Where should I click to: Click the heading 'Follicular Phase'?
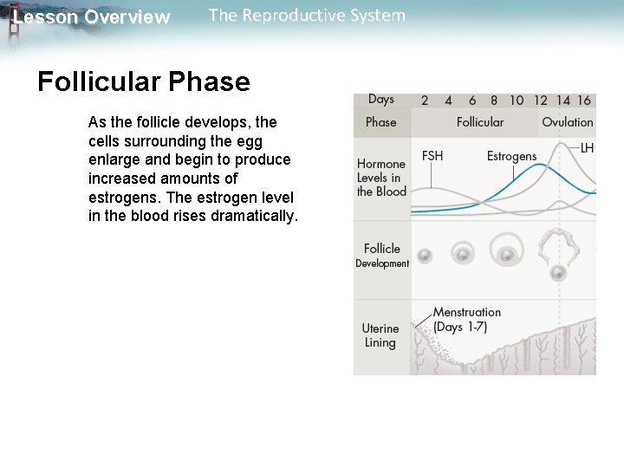(144, 82)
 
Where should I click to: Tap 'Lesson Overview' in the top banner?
(91, 17)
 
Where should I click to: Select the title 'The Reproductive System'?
(307, 16)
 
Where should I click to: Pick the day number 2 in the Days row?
(425, 101)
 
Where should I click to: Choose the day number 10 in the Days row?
(517, 101)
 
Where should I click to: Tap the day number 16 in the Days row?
(584, 101)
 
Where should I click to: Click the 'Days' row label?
(380, 100)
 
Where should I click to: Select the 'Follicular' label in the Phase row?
(479, 122)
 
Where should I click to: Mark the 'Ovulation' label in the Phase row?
(568, 122)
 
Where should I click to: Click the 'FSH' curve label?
(432, 156)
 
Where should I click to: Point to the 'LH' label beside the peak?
(587, 148)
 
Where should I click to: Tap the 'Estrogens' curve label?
(511, 156)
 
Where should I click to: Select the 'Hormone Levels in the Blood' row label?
(381, 178)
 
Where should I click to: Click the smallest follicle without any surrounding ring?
(425, 256)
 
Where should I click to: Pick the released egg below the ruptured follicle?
(558, 273)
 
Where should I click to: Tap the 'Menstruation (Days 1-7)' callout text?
(466, 319)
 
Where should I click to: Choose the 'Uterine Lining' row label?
(380, 335)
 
